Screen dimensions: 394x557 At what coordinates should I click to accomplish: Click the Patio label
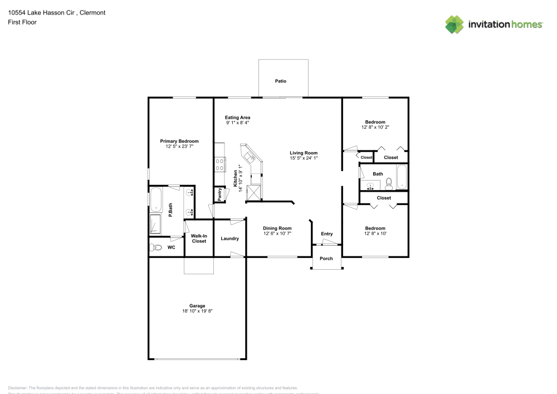[x=281, y=81]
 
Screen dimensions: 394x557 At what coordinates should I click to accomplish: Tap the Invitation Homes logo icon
[x=455, y=25]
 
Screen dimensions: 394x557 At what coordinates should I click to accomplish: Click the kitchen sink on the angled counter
[x=247, y=155]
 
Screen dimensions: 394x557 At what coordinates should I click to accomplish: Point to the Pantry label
[x=220, y=194]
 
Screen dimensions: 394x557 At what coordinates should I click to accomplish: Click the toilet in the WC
[x=156, y=247]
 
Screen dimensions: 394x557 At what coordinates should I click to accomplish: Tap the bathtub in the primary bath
[x=155, y=200]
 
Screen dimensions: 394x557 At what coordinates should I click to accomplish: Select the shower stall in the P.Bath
[x=155, y=224]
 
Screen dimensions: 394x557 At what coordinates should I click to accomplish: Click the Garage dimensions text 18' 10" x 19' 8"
[x=197, y=311]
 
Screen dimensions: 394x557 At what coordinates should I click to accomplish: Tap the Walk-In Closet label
[x=199, y=239]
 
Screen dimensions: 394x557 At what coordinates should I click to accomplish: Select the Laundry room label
[x=229, y=239]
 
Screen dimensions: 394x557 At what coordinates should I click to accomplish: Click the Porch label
[x=326, y=259]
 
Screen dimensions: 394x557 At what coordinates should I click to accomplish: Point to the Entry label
[x=326, y=234]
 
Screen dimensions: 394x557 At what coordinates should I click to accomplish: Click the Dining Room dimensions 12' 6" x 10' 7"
[x=277, y=234]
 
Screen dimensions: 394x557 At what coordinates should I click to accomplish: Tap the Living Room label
[x=304, y=153]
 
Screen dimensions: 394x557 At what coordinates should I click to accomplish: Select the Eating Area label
[x=237, y=118]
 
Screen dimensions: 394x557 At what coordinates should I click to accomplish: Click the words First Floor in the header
[x=22, y=22]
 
